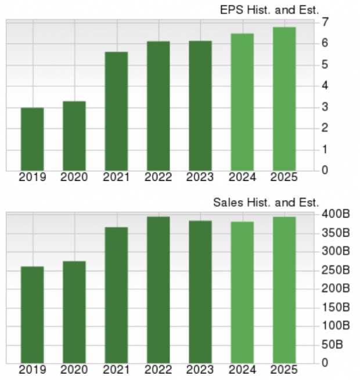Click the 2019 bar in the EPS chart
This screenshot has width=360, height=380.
pyautogui.click(x=33, y=139)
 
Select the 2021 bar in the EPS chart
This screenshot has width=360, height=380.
pyautogui.click(x=116, y=111)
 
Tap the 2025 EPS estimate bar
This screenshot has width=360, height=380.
pyautogui.click(x=284, y=99)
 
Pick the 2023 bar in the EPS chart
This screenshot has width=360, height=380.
pyautogui.click(x=200, y=106)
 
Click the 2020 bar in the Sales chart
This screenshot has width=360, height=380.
pyautogui.click(x=74, y=312)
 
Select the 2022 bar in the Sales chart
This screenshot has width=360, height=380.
pyautogui.click(x=159, y=290)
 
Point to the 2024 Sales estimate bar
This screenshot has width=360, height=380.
pyautogui.click(x=242, y=292)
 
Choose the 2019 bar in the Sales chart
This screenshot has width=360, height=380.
pyautogui.click(x=33, y=315)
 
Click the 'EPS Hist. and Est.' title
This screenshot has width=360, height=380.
pyautogui.click(x=269, y=9)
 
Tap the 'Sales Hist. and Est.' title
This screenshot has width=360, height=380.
pyautogui.click(x=266, y=202)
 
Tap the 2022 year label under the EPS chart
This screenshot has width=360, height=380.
pyautogui.click(x=159, y=178)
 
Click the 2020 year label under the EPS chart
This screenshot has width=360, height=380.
pyautogui.click(x=74, y=178)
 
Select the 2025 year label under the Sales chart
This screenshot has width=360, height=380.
pyautogui.click(x=284, y=370)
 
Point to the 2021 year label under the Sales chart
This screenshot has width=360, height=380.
pyautogui.click(x=116, y=370)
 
